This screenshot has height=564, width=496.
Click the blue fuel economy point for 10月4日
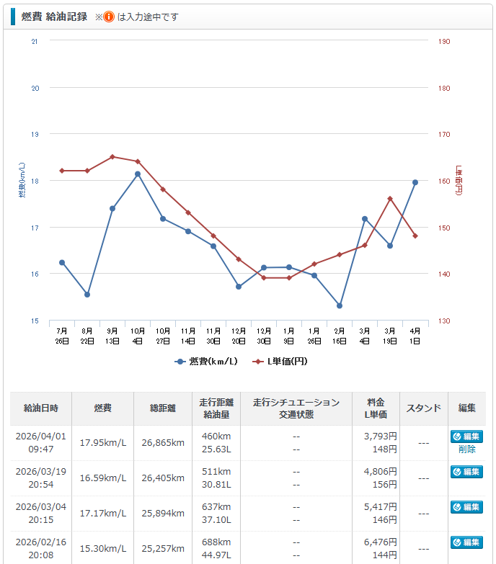pos(138,174)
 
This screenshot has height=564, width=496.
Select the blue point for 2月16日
pos(340,306)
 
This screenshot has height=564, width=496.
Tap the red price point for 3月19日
pos(390,199)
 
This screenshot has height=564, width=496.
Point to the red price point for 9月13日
pos(112,156)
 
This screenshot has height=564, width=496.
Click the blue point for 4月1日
pos(415,182)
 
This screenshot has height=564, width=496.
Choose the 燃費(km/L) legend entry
pos(206,361)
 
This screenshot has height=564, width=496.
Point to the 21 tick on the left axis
pos(35,41)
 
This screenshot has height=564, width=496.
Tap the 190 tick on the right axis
pos(444,41)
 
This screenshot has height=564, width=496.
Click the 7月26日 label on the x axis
pos(62,336)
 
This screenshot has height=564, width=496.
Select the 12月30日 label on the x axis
pos(264,336)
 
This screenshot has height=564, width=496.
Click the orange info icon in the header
pos(109,17)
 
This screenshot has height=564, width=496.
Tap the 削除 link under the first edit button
pos(466,449)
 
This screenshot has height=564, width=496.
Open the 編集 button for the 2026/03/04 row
pos(466,507)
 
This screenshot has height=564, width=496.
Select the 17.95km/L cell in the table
pos(103,442)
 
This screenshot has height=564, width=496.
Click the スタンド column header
pos(423,408)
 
